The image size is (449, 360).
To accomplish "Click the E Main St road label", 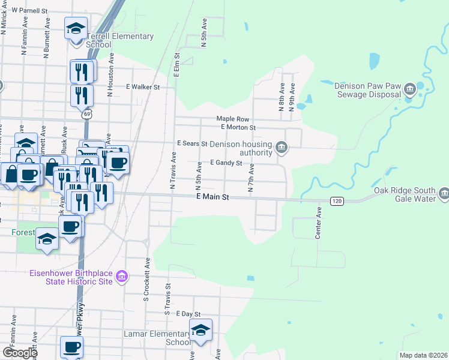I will coord(212,197).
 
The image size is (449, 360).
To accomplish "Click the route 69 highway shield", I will coord(88,114).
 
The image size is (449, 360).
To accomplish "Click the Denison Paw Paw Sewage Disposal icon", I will coord(410,90).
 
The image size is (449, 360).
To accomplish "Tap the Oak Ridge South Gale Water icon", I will coord(444,193).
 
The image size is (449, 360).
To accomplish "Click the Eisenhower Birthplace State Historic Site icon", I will coord(122,277).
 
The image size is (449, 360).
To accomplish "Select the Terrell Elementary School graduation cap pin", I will coord(76,29).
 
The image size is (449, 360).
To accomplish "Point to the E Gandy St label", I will coord(226,163).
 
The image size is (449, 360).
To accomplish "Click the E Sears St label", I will coord(192,144).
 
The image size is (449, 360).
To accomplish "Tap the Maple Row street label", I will coord(233,119).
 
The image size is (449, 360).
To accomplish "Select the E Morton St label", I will coord(238,127).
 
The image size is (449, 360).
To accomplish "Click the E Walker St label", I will coord(143,87).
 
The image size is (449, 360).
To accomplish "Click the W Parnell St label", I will coord(29,11).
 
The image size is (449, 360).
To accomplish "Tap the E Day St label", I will coord(188,314).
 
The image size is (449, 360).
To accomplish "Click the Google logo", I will coord(20,353).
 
